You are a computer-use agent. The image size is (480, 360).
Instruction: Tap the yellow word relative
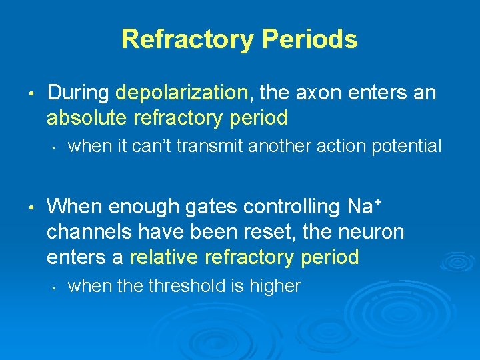pos(166,257)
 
